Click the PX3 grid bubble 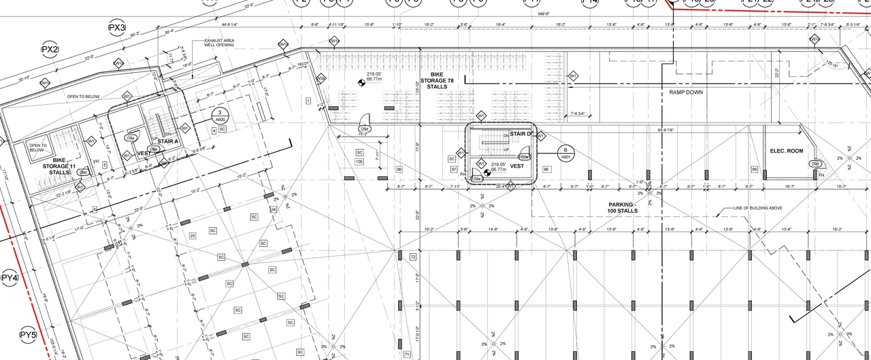click(x=117, y=28)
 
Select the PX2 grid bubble click(x=50, y=50)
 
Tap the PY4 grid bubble click(x=9, y=278)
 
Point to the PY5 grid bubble click(x=27, y=335)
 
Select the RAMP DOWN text click(x=686, y=92)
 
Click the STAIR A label click(x=167, y=142)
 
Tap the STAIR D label click(x=521, y=134)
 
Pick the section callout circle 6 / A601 click(x=565, y=152)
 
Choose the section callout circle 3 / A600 click(x=220, y=115)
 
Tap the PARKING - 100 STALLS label click(x=623, y=208)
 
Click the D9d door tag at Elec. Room click(x=815, y=163)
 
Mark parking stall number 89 click(x=754, y=169)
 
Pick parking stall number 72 click(x=412, y=257)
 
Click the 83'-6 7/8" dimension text click(x=670, y=130)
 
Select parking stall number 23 click(x=193, y=236)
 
